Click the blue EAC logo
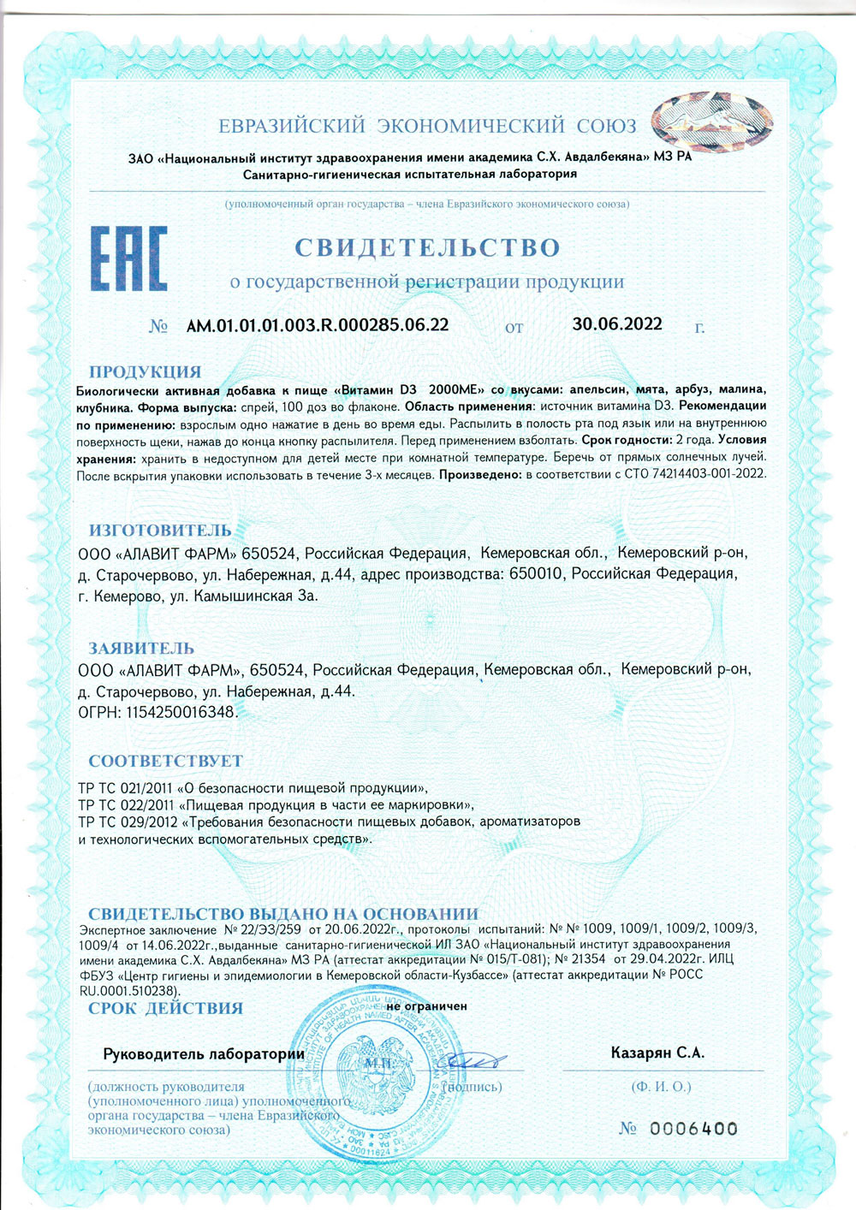coord(128,258)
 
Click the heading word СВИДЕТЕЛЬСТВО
coord(427,248)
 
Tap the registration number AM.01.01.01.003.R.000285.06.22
coord(318,325)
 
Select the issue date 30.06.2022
coord(617,323)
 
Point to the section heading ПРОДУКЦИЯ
coord(145,372)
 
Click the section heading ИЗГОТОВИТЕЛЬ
coord(160,531)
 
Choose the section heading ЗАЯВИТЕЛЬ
coord(141,649)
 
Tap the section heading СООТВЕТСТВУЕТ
coord(165,761)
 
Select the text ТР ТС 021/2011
coord(125,787)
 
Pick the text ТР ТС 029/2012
coord(125,821)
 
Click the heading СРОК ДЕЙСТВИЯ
coord(165,1008)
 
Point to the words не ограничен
coord(426,1006)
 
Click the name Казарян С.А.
coord(657,1053)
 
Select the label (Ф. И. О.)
coord(660,1087)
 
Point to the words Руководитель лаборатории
coord(204,1054)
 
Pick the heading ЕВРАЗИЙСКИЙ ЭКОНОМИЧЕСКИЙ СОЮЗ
coord(427,127)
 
